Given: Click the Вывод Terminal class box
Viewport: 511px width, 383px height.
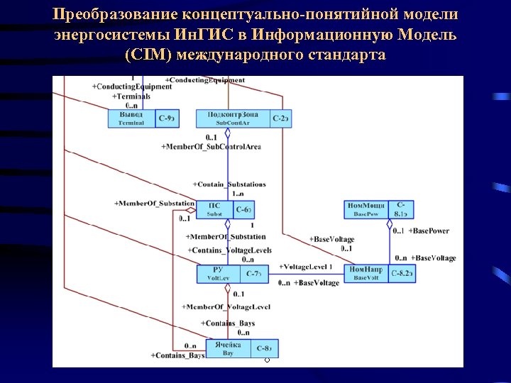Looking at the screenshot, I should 131,118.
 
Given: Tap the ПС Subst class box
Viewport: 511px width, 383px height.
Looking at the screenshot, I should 214,210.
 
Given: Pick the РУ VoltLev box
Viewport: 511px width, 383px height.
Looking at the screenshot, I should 219,274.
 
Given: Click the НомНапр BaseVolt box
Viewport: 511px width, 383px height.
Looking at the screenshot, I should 366,274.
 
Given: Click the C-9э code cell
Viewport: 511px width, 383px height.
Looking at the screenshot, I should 167,118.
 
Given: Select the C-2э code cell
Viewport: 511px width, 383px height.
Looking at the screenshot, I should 281,118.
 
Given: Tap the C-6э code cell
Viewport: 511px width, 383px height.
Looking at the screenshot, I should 243,210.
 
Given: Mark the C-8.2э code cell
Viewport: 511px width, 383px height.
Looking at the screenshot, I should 401,274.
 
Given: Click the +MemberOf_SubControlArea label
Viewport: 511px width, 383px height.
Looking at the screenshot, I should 211,147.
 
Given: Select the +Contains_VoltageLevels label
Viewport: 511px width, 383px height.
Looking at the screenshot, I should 229,250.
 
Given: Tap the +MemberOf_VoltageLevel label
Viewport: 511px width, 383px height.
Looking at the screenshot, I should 226,306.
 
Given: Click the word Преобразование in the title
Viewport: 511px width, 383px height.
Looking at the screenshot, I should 115,14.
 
